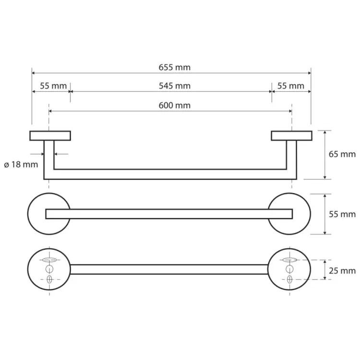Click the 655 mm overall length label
175,68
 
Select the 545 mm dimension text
175,86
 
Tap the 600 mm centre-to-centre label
175,106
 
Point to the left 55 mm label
53,86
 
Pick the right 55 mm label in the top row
291,86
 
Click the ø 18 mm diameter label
21,164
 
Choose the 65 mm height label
342,154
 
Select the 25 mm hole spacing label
342,271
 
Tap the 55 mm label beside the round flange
342,214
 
